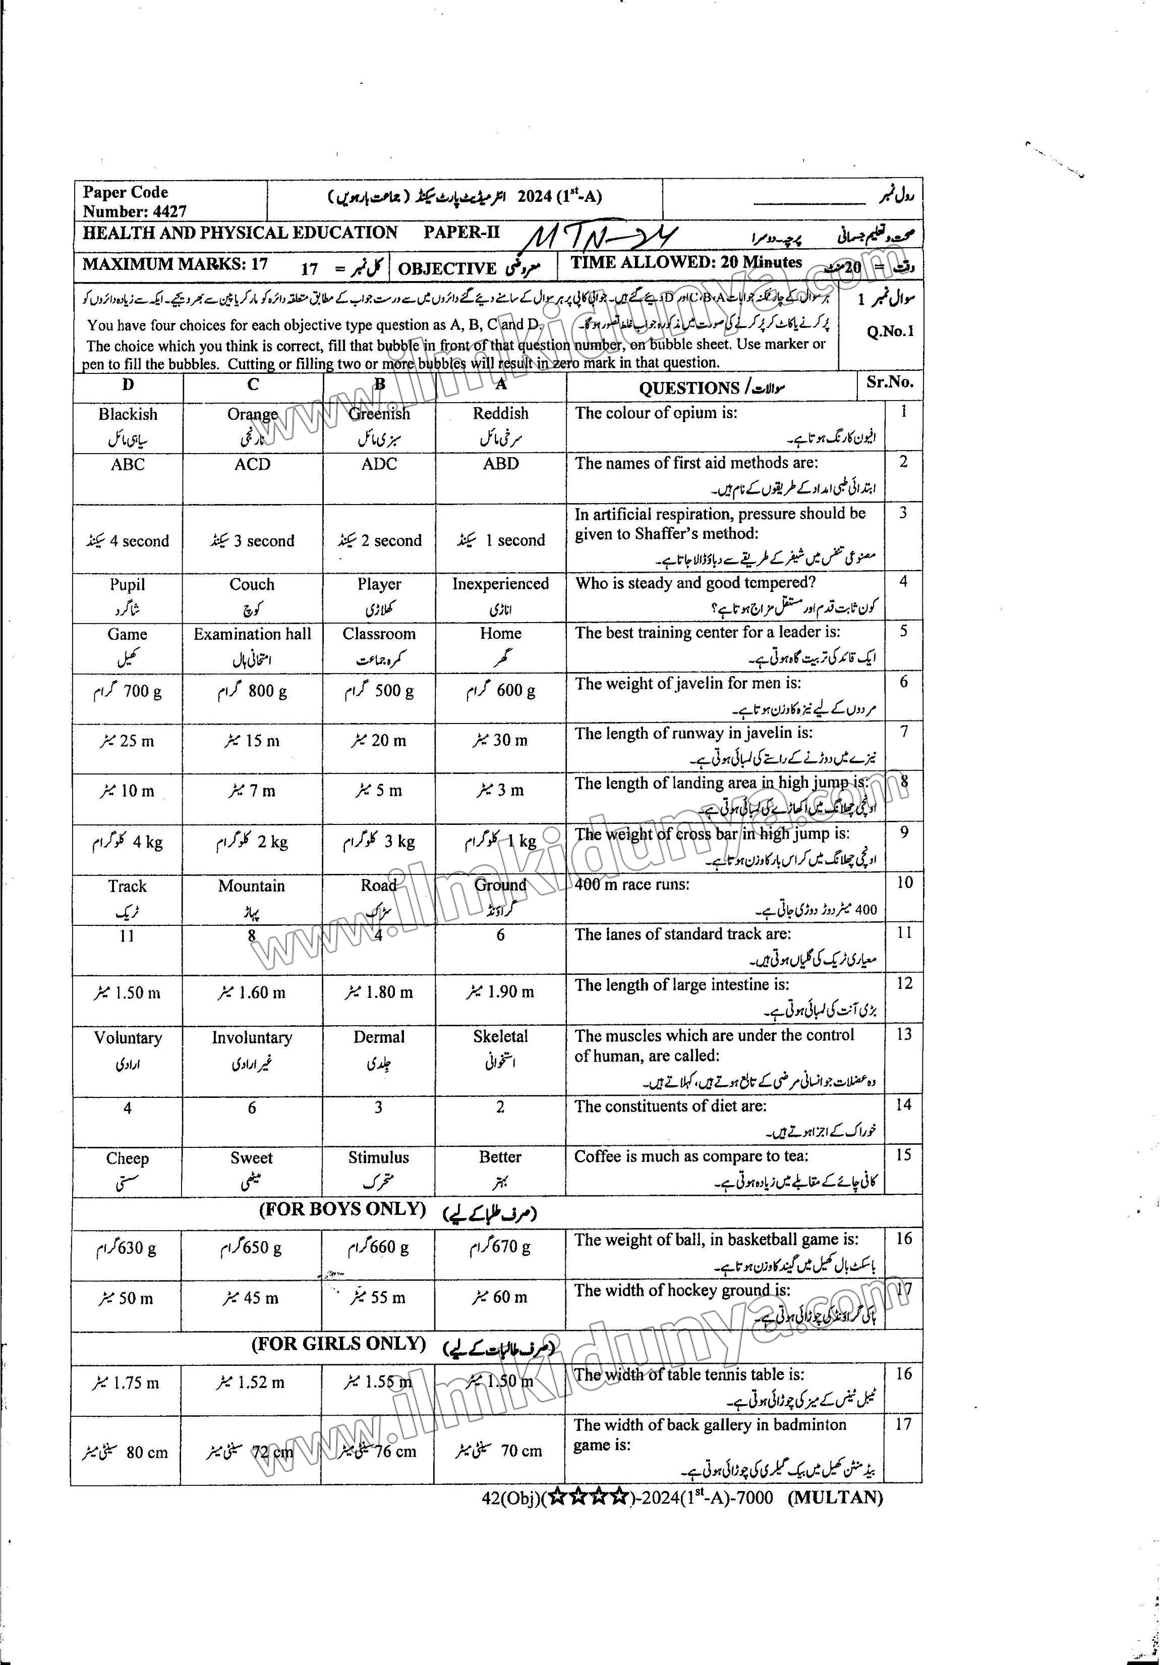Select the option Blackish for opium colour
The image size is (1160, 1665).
click(x=128, y=414)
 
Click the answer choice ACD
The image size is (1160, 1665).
click(x=252, y=464)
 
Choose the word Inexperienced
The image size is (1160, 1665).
click(x=500, y=584)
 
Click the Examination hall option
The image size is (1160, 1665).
click(x=252, y=634)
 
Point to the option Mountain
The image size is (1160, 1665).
click(x=252, y=886)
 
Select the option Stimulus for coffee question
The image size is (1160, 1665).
click(x=378, y=1157)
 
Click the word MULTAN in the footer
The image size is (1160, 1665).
click(x=835, y=1497)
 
